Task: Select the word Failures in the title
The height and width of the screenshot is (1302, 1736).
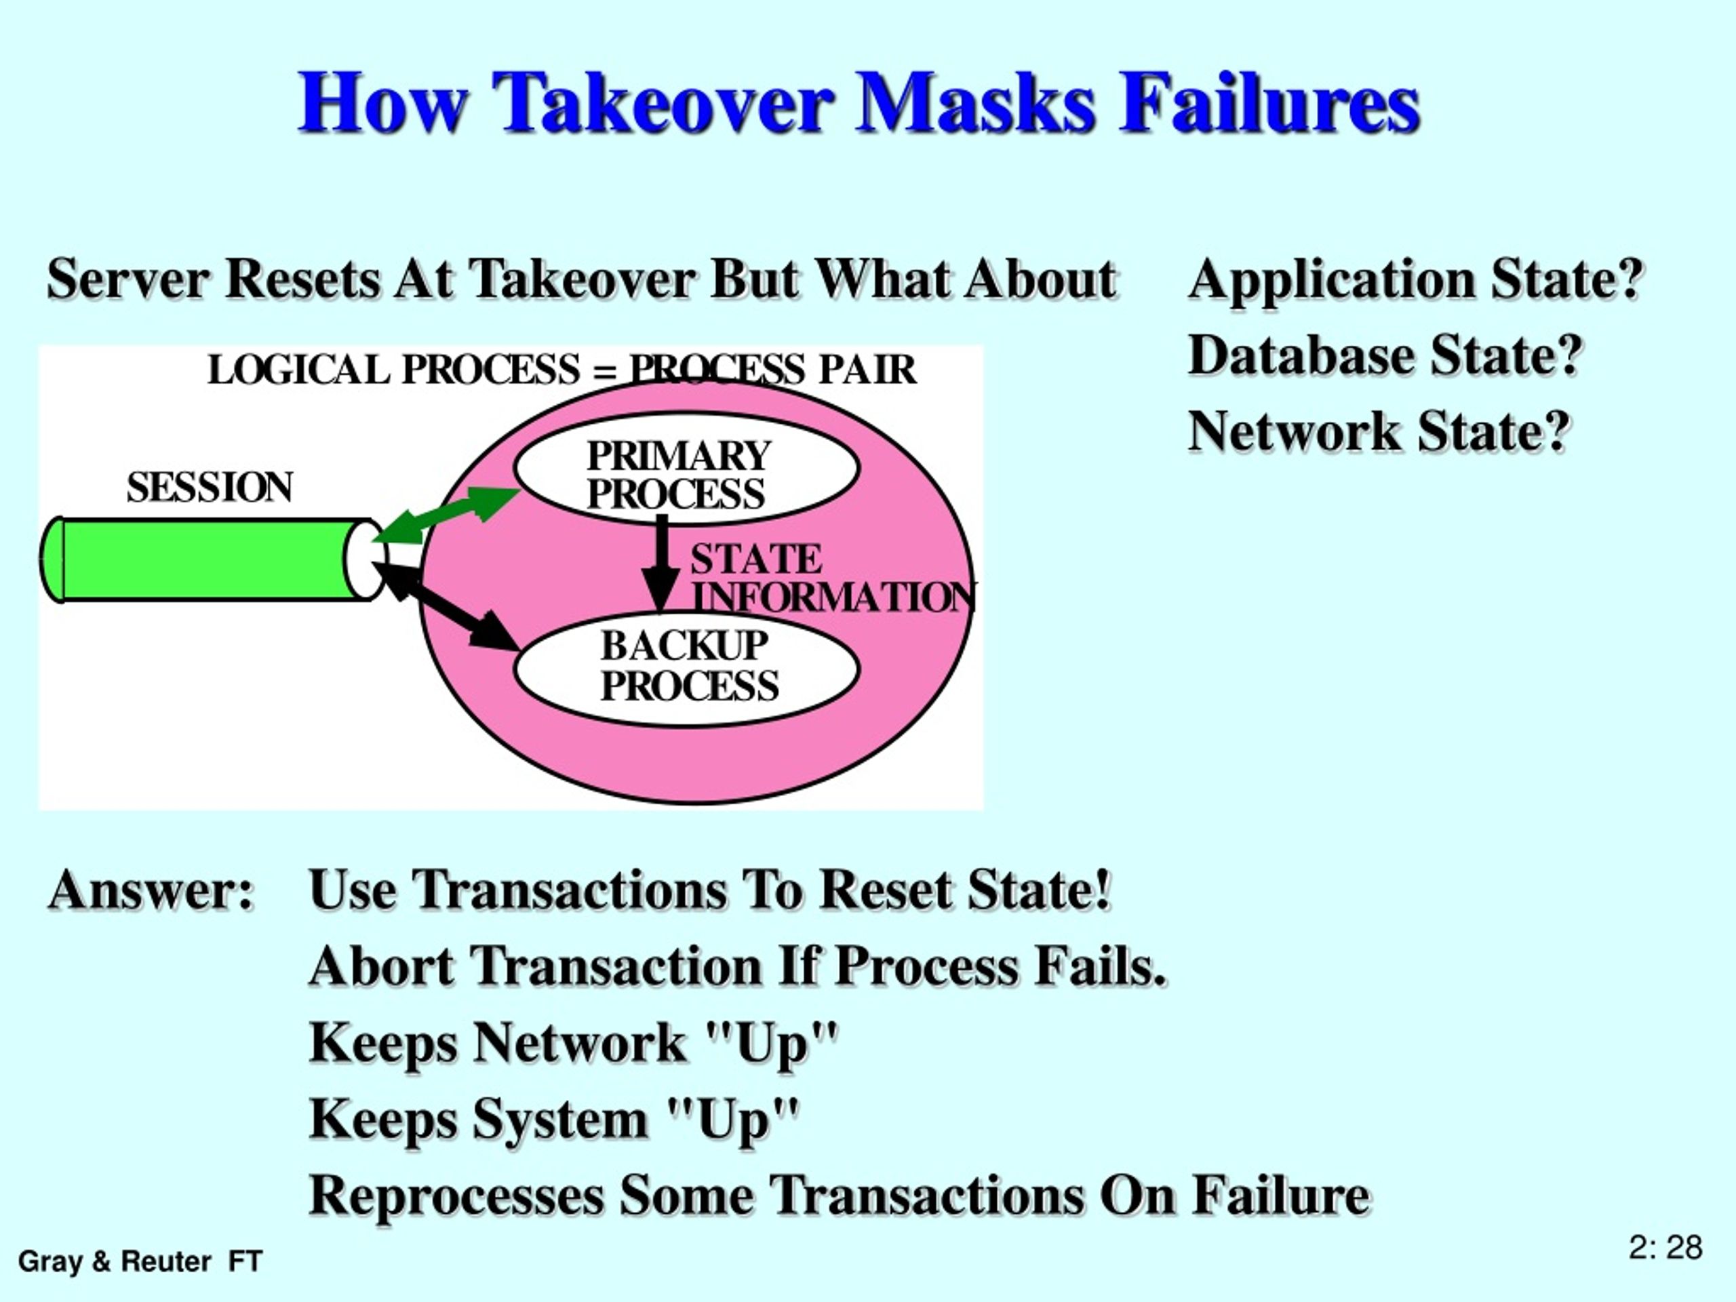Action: coord(1269,103)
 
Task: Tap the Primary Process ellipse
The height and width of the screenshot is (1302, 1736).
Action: coord(687,469)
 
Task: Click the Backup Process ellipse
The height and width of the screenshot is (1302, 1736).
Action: coord(687,669)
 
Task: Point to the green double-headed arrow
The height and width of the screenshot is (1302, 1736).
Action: coord(446,514)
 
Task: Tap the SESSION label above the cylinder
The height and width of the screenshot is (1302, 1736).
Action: coord(210,488)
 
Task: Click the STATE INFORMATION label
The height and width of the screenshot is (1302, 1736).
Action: coord(832,578)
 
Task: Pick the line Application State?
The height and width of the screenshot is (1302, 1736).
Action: coord(1416,279)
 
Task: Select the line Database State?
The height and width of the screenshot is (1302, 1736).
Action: coord(1385,355)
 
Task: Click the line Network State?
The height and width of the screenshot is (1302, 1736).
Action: coord(1379,432)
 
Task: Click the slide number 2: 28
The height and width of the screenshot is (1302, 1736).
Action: coord(1665,1247)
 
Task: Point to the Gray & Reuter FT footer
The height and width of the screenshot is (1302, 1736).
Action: coord(140,1261)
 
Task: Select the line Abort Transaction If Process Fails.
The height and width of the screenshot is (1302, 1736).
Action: coord(738,966)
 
